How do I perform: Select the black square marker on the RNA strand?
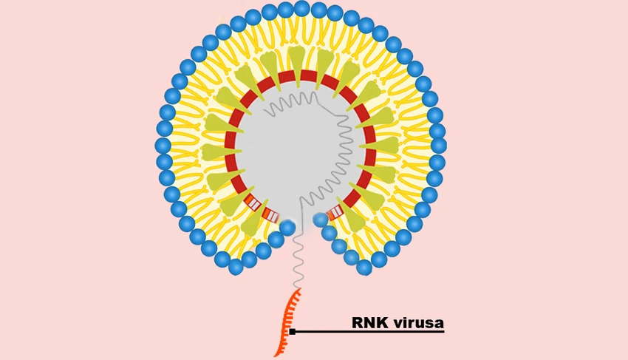click(293, 331)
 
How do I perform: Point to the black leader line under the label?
click(369, 331)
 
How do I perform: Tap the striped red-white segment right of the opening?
click(335, 212)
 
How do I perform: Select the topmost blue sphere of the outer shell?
click(302, 8)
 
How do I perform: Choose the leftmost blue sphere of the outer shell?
click(163, 145)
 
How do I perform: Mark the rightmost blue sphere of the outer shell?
click(439, 145)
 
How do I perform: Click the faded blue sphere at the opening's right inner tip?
click(321, 220)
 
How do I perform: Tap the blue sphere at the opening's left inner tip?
click(287, 227)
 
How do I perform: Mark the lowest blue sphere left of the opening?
click(236, 267)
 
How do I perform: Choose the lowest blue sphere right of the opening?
click(364, 267)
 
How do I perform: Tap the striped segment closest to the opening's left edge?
click(270, 216)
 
